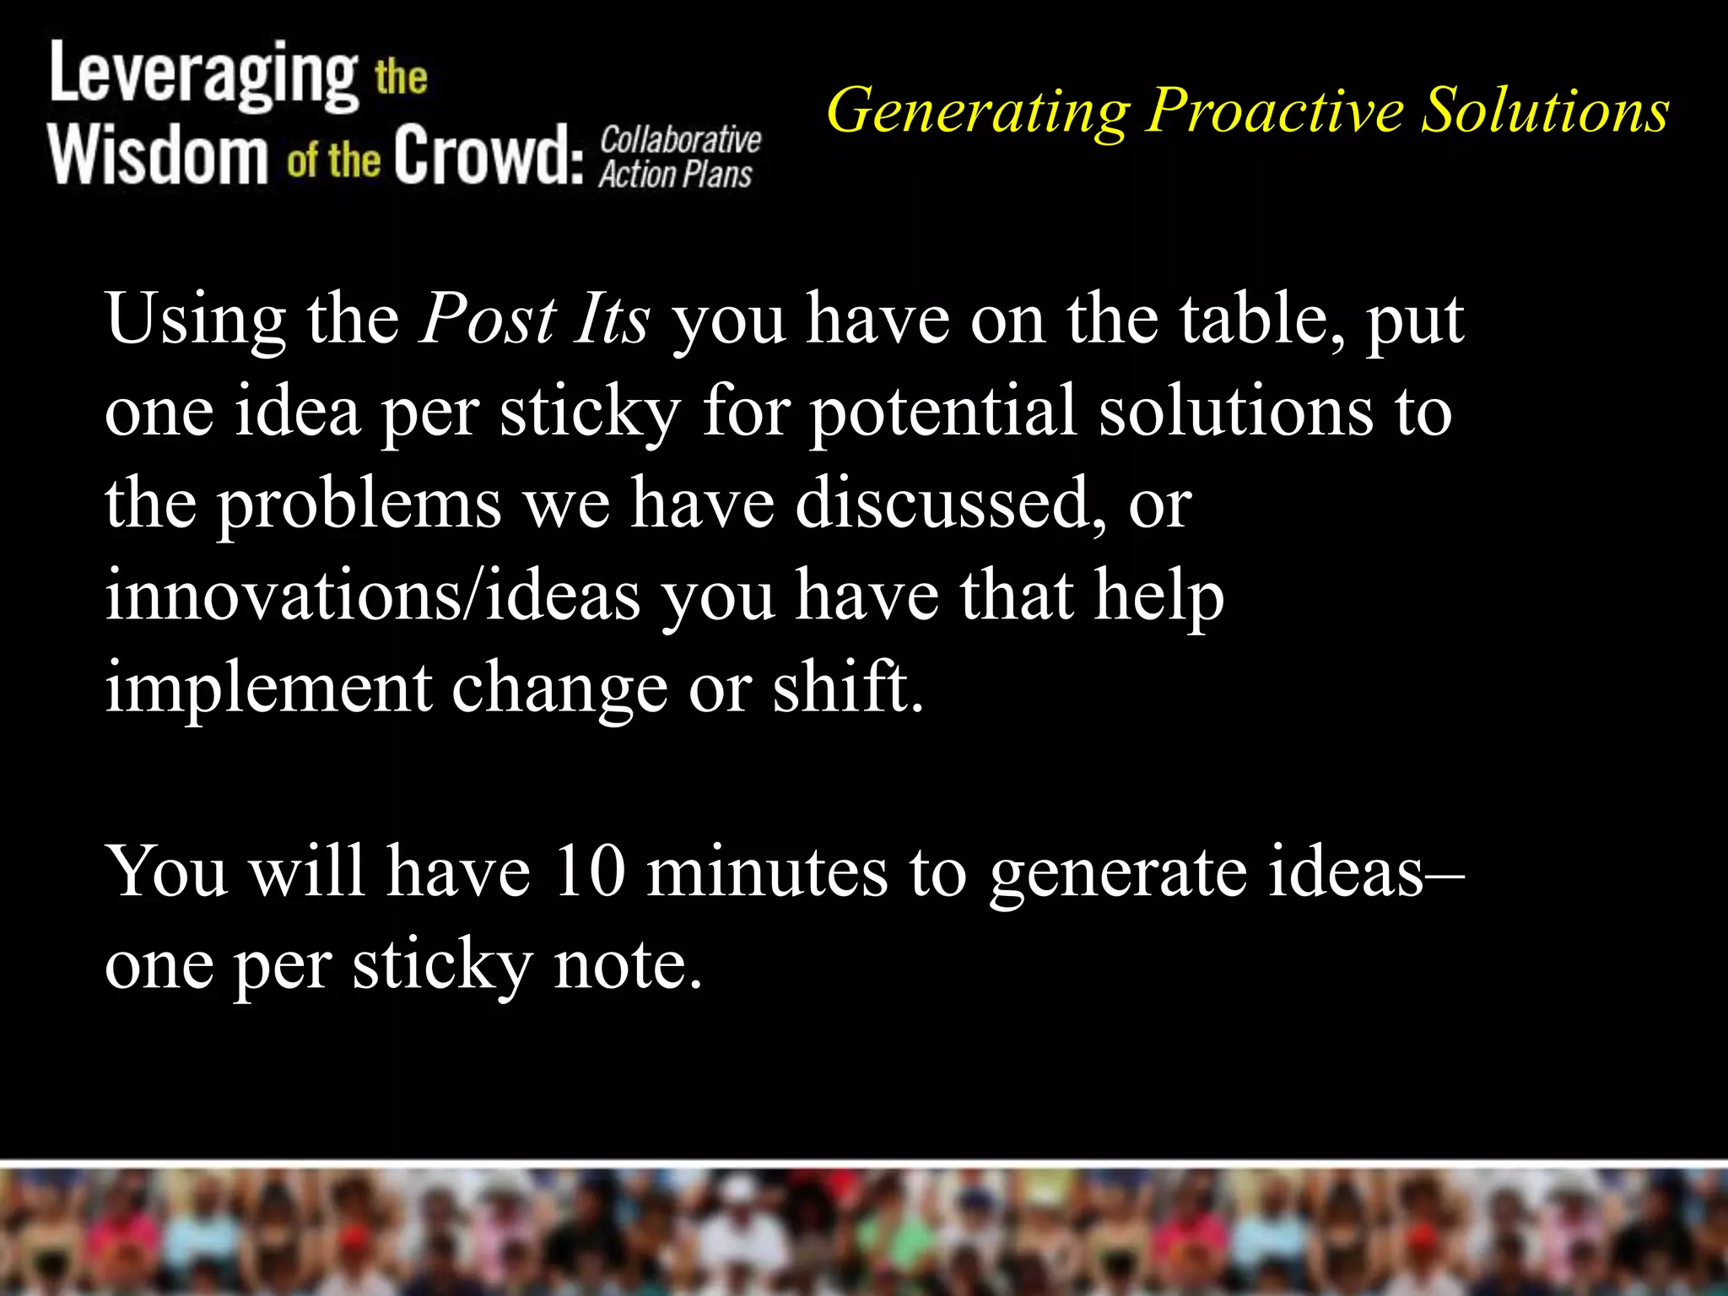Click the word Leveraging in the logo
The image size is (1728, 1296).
pyautogui.click(x=203, y=76)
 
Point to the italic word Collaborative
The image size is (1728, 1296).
pyautogui.click(x=680, y=140)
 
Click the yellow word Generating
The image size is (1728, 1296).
pyautogui.click(x=978, y=111)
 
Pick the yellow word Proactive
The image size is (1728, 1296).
pyautogui.click(x=1274, y=111)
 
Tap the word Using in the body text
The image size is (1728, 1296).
pyautogui.click(x=195, y=321)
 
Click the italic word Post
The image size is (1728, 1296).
pyautogui.click(x=488, y=321)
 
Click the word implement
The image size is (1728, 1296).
pyautogui.click(x=268, y=688)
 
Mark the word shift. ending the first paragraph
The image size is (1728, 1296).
pyautogui.click(x=848, y=688)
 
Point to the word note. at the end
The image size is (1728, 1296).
pyautogui.click(x=628, y=964)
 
